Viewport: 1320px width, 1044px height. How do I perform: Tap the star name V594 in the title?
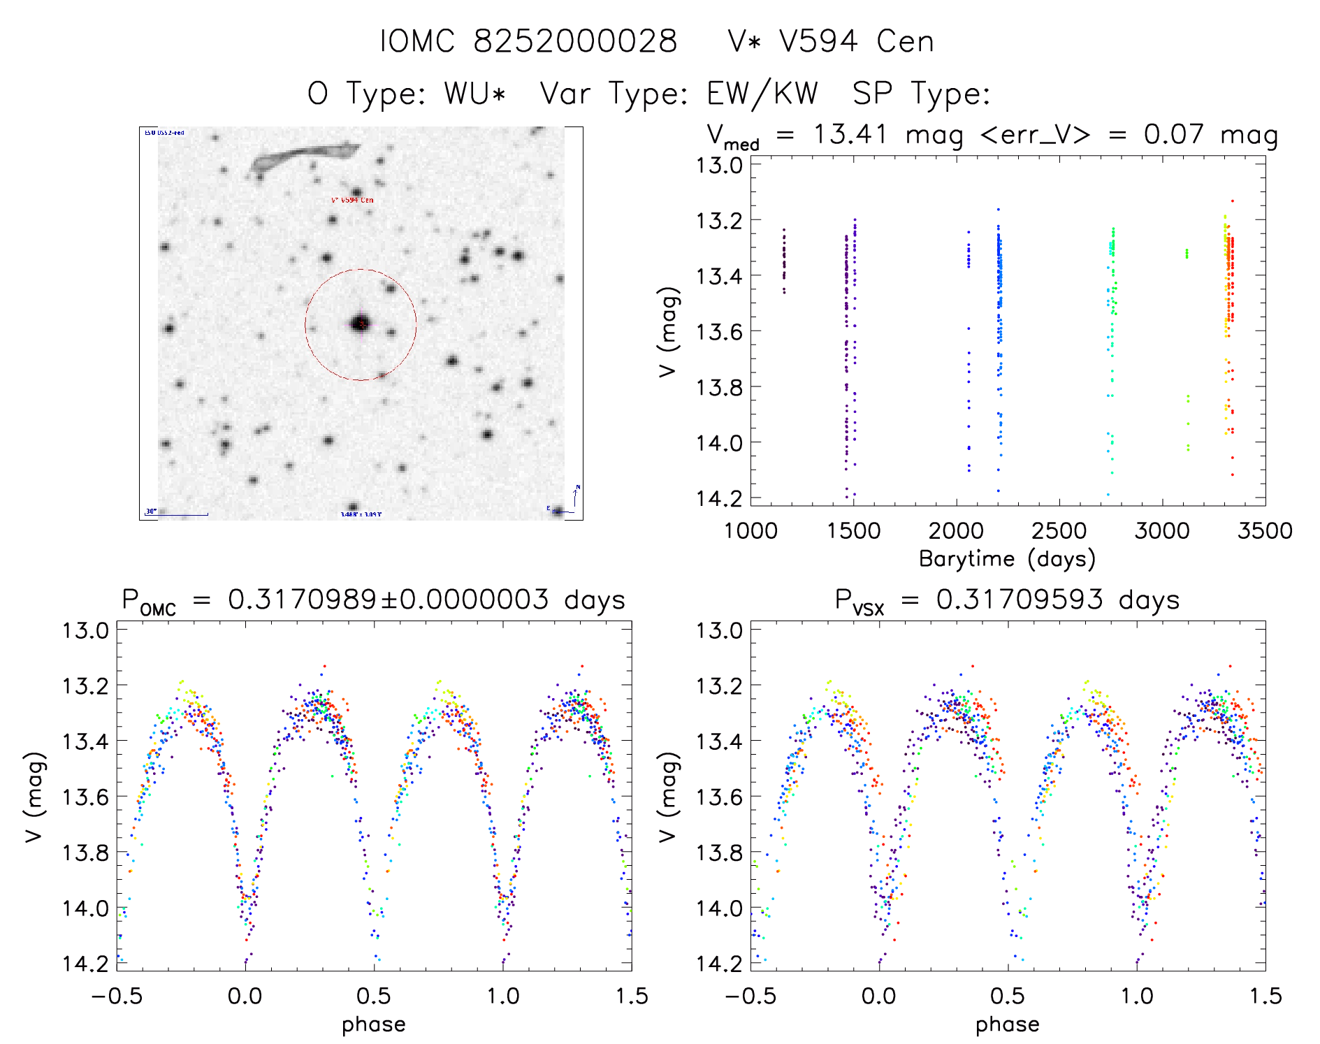[818, 41]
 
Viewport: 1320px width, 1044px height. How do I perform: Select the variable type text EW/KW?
[762, 94]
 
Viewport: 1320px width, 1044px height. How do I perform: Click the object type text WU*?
[474, 94]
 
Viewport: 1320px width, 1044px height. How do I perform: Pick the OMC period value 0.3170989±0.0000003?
[389, 600]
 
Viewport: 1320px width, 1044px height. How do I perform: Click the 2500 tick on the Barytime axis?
[1059, 530]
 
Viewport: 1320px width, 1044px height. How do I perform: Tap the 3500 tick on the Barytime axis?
[1265, 530]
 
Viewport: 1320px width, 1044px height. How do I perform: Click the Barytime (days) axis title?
[1007, 559]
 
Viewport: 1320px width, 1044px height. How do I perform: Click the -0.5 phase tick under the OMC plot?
[117, 996]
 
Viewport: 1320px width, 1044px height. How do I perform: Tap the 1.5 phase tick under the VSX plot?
[1265, 996]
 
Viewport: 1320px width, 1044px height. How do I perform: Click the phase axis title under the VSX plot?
[1007, 1024]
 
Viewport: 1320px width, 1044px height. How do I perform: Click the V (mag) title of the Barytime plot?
[669, 331]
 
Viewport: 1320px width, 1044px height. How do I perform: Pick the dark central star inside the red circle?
[361, 324]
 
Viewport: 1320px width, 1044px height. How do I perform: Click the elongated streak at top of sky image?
[305, 157]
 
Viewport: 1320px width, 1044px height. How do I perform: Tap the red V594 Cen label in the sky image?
[352, 201]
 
